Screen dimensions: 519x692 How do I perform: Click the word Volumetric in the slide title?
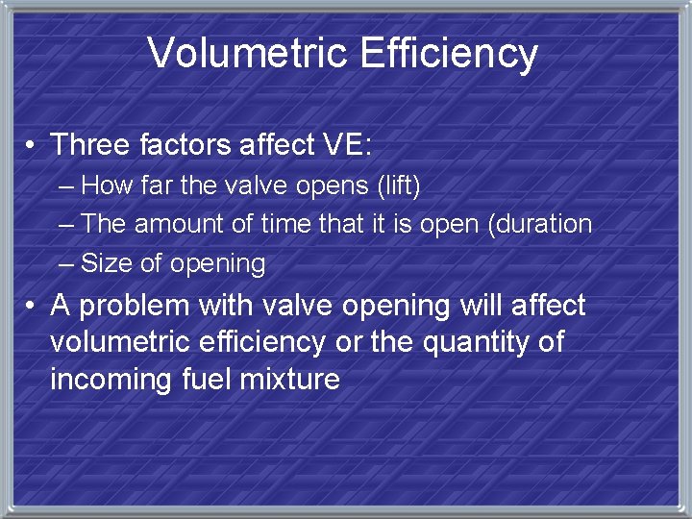point(249,53)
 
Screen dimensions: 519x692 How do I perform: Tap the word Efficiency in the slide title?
point(449,55)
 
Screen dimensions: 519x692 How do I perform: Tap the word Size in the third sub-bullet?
point(101,263)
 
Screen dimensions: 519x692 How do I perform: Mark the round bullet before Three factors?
point(33,146)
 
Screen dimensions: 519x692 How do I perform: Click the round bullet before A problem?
point(33,307)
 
